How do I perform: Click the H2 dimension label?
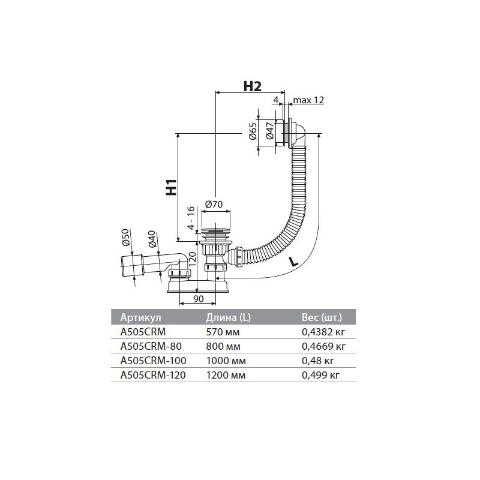pos(252,86)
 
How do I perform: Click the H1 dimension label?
pos(172,187)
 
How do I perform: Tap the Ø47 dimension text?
pos(270,131)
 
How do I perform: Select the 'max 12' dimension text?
pos(308,100)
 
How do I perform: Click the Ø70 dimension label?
pos(214,204)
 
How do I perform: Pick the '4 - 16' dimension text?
pos(191,218)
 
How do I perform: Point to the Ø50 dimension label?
pos(126,237)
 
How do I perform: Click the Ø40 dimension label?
pos(152,239)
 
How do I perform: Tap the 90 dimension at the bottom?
pos(199,299)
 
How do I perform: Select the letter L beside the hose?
pos(293,262)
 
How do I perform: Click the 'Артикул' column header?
pos(140,317)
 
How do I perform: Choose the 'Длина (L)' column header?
pos(228,317)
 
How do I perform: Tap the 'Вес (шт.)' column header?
pos(322,317)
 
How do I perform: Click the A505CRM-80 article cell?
pos(151,346)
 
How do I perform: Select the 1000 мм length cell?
pos(226,361)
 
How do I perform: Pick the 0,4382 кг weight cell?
pos(323,332)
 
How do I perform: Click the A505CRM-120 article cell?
pos(153,375)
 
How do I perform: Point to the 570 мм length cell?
pos(223,332)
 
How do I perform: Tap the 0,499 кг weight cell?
pos(321,376)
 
